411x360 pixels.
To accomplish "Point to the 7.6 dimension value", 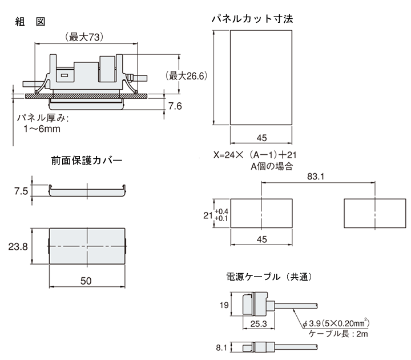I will point(175,106).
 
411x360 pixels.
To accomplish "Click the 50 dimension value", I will point(87,281).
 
